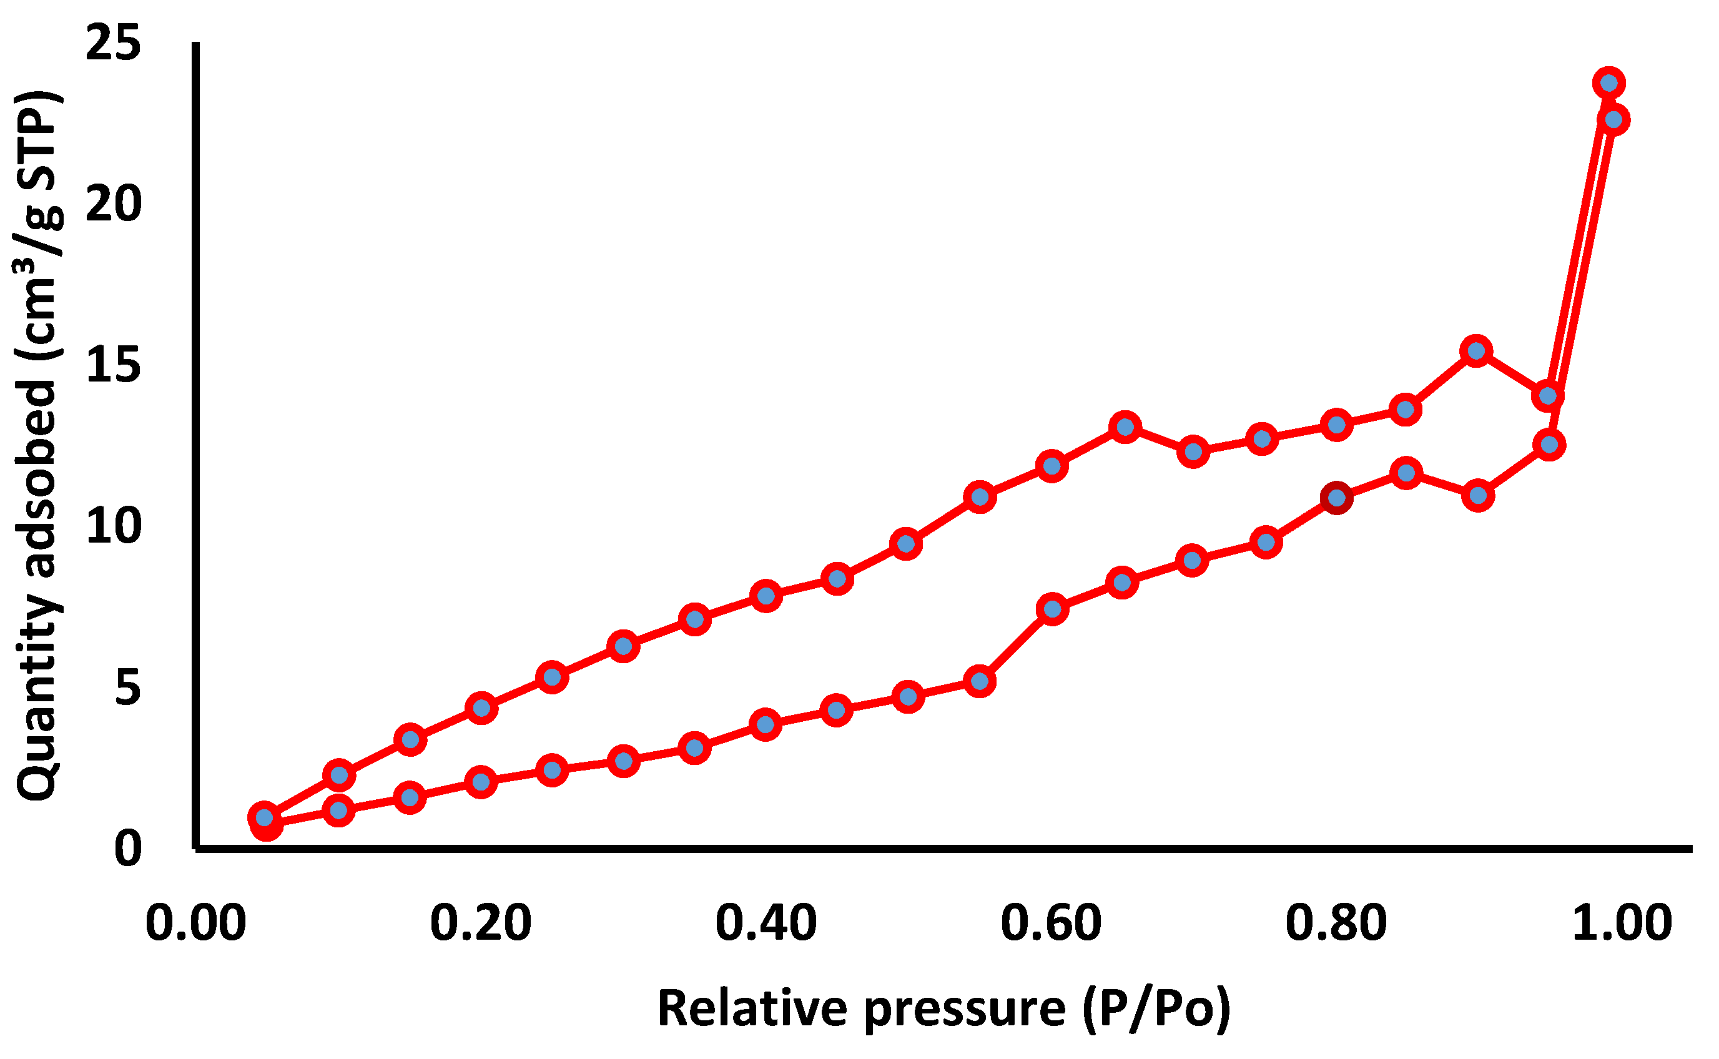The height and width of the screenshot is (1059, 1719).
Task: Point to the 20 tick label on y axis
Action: pos(113,205)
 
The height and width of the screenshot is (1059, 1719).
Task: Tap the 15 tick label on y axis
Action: pos(113,366)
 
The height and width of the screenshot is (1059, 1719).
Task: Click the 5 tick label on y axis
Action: pos(127,688)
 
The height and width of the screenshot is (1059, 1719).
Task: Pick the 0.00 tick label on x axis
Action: pos(195,923)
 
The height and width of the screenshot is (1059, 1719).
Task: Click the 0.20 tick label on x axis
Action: pos(480,923)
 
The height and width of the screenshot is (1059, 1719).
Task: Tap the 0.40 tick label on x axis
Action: pos(766,923)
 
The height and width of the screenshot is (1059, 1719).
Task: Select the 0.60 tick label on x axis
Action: pos(1051,923)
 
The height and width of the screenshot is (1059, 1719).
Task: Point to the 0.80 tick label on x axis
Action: pos(1336,923)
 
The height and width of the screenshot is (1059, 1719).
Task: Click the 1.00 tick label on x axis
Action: pos(1622,923)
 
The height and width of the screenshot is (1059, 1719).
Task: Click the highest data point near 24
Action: pos(1608,83)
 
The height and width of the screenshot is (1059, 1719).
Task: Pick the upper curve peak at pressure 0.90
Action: pos(1477,351)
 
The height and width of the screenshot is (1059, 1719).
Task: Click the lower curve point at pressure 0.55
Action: pos(980,681)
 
